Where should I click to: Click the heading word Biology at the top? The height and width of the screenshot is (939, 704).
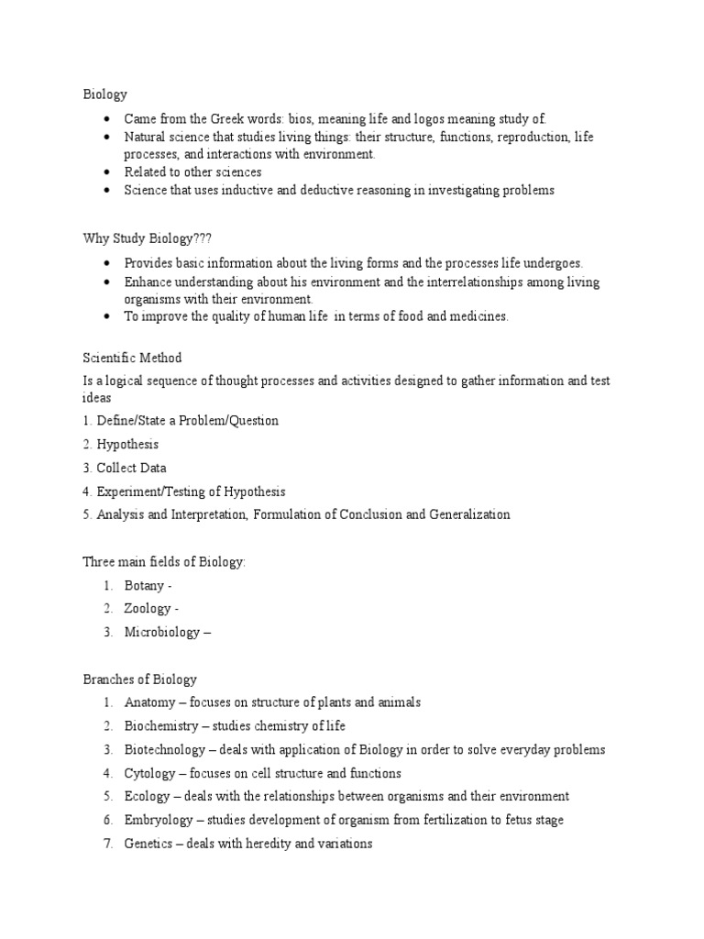[105, 94]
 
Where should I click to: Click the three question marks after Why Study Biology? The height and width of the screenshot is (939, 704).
[203, 238]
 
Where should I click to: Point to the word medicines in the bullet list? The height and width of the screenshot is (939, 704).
[478, 316]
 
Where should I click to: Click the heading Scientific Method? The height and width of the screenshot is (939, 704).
[134, 358]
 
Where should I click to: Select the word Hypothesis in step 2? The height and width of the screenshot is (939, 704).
[127, 444]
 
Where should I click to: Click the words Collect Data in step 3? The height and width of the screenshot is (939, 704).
[132, 468]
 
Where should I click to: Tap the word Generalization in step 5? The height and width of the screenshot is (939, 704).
[469, 514]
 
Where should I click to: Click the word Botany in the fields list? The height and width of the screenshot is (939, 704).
[145, 584]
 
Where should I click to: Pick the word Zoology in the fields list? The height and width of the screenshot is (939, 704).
[148, 608]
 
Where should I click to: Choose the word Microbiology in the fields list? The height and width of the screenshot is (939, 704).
[161, 632]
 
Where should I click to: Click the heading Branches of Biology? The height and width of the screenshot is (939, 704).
[140, 679]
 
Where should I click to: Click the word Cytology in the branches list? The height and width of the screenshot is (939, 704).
[149, 773]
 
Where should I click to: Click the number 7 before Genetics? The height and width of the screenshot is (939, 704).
[107, 844]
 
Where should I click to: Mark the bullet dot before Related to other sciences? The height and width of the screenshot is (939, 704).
[107, 171]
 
